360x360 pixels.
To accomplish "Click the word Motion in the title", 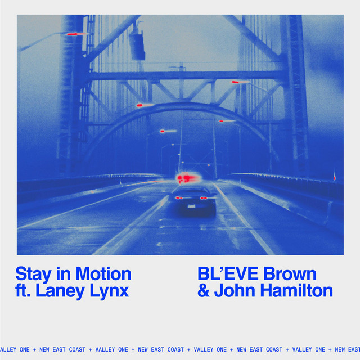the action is tap(103, 274).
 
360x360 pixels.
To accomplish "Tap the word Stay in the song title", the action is tap(34, 274).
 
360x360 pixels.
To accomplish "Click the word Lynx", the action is tap(109, 291).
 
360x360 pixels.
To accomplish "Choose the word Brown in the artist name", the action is tap(290, 273).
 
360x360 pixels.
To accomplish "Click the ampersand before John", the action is tap(204, 290).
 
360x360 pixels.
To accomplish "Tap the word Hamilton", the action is tap(296, 290).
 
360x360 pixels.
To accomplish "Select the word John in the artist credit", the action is tap(234, 290).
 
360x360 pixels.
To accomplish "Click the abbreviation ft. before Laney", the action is tap(23, 290).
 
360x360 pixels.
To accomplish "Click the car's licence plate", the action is tap(191, 206).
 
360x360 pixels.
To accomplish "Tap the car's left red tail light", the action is tap(179, 197).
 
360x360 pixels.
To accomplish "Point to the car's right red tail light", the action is tap(204, 198).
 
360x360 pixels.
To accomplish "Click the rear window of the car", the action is tap(191, 191).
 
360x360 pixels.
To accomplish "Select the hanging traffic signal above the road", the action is tap(137, 46).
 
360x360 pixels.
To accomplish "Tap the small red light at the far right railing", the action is tap(335, 178).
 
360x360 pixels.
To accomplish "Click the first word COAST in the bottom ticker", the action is tap(77, 349).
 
